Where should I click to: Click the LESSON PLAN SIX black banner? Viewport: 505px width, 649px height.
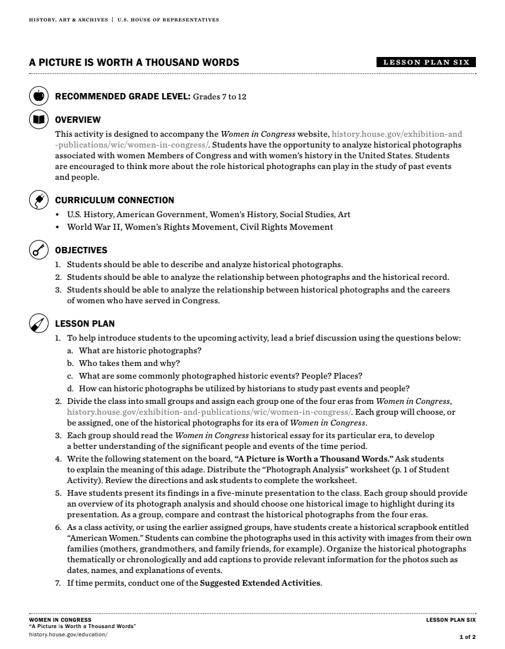tap(425, 62)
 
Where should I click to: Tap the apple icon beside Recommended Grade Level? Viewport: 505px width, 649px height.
tap(38, 96)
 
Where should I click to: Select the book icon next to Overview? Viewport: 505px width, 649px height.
tap(38, 120)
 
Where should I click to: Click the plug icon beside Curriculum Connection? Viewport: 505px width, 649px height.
tap(38, 200)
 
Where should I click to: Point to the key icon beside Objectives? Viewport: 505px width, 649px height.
tap(38, 250)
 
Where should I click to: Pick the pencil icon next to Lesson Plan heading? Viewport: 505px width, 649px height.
tap(38, 324)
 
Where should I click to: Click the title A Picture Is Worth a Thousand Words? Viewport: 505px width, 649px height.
tap(134, 62)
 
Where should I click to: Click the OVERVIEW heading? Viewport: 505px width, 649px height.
tap(78, 120)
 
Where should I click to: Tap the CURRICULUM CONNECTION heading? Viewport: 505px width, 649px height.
tap(115, 200)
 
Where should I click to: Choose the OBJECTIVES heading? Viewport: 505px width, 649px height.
tap(81, 250)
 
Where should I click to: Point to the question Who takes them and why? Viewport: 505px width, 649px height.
tap(129, 363)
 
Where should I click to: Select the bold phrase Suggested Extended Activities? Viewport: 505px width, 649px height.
tap(260, 583)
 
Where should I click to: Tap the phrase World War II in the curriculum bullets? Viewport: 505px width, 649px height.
tap(91, 227)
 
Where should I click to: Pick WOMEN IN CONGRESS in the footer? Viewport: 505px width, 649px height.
tap(60, 620)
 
